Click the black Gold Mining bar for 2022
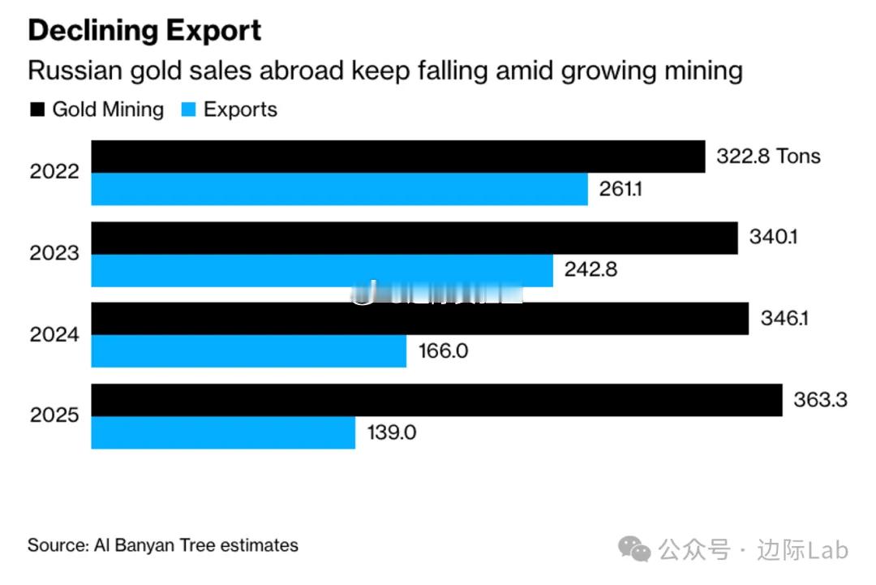point(397,156)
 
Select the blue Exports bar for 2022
point(339,189)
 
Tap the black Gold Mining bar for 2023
point(414,238)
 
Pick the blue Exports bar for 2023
point(321,270)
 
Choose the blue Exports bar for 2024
point(248,351)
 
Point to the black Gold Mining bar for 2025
point(436,400)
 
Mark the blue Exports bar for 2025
point(223,432)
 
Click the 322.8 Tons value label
point(767,156)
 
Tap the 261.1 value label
point(620,189)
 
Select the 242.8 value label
point(590,270)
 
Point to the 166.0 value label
point(443,351)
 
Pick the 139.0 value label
point(391,432)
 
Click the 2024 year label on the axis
point(54,334)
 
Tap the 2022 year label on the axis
point(54,172)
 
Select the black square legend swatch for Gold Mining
point(37,110)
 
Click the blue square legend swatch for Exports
point(188,110)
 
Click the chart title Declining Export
point(144,31)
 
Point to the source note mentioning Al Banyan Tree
point(163,545)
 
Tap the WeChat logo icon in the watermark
point(634,550)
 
